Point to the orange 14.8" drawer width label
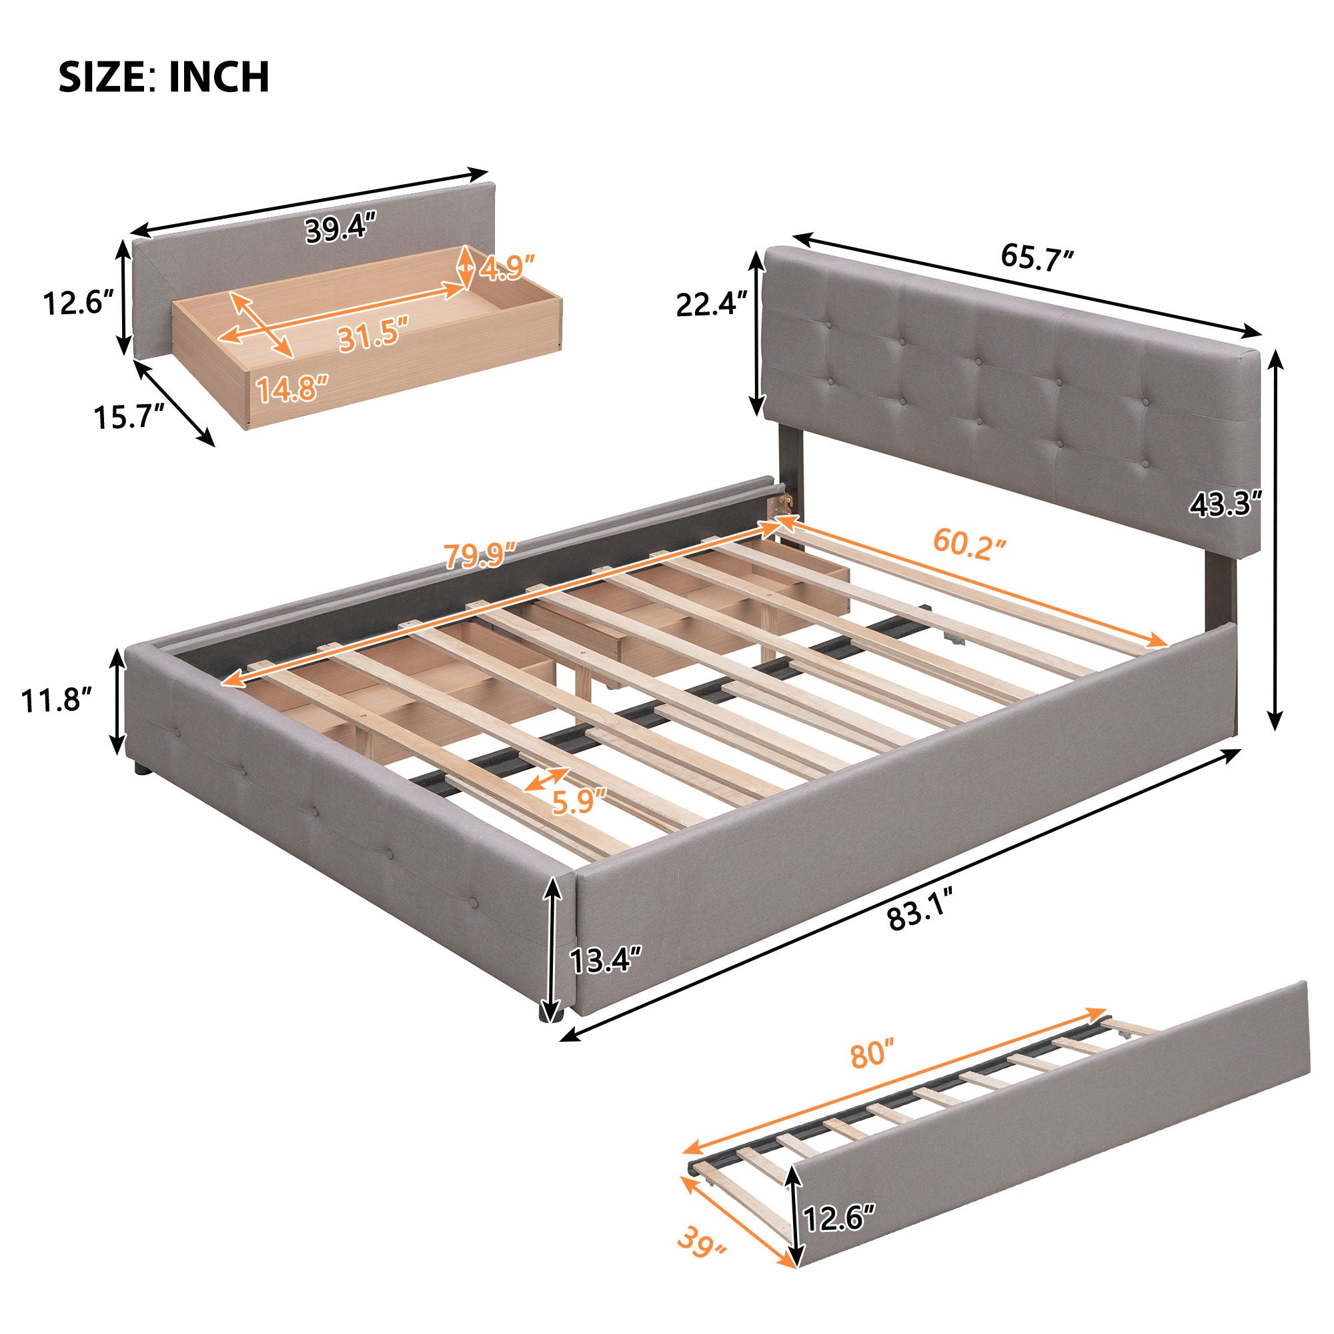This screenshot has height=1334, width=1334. pos(291,389)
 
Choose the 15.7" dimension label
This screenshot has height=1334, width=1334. pos(130,417)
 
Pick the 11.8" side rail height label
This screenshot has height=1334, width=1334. pos(57,705)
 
